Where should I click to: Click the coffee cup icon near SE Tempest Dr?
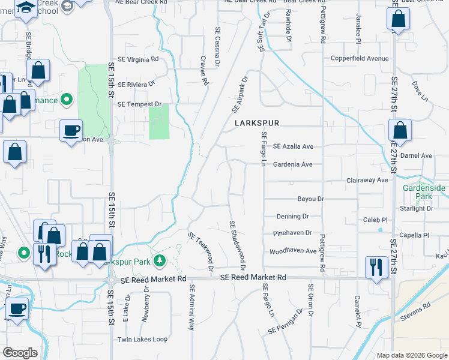[71, 131]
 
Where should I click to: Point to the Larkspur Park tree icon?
[159, 260]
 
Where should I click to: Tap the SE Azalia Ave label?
[293, 146]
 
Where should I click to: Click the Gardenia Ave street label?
[293, 164]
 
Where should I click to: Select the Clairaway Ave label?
[367, 180]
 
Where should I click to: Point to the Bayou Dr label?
[310, 199]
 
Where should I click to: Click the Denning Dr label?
[292, 216]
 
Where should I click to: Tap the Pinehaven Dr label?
[292, 233]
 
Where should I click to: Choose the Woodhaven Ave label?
[292, 251]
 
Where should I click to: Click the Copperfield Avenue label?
[360, 59]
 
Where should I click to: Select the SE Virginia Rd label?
[138, 59]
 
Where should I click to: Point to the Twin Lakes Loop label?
[143, 339]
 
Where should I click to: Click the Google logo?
[20, 353]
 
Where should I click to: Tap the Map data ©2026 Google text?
[411, 355]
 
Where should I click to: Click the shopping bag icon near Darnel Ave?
[400, 131]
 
